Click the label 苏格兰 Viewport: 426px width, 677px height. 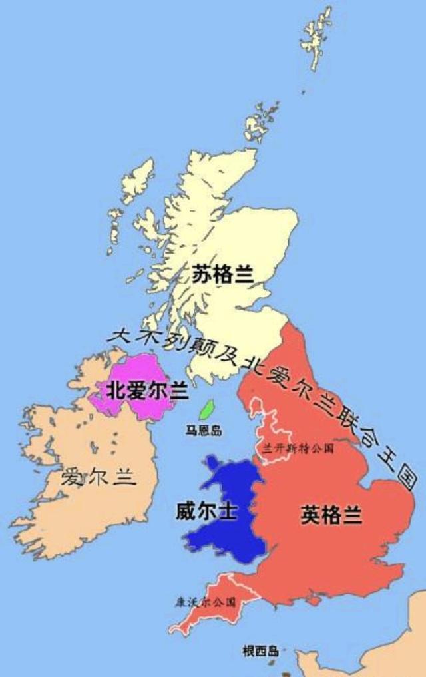click(222, 274)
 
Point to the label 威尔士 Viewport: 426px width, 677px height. click(206, 511)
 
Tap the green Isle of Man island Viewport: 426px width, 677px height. click(207, 409)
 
